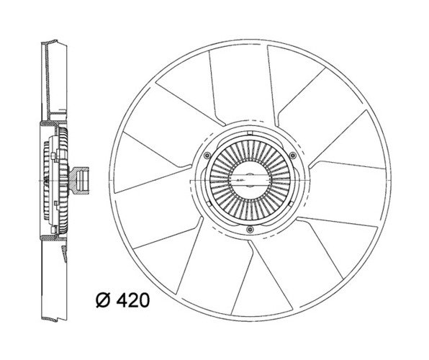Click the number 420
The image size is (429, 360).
(133, 300)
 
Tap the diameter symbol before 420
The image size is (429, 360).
(103, 300)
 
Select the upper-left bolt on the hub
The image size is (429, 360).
(207, 156)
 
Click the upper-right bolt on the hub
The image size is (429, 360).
(293, 156)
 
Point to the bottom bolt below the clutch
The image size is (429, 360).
(250, 230)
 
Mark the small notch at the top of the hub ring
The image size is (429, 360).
(249, 133)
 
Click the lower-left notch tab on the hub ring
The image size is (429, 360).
(209, 204)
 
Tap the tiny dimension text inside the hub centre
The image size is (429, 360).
(240, 180)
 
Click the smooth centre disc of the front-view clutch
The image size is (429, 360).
(250, 180)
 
